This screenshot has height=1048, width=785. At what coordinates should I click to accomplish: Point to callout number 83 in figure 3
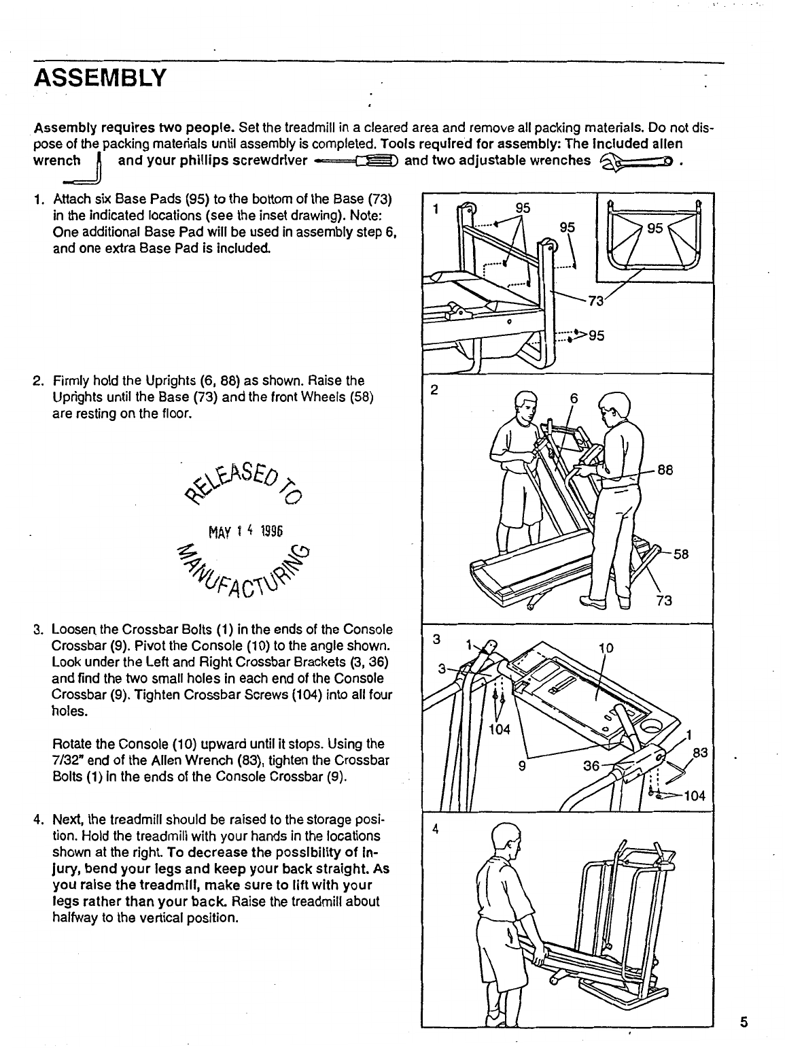(x=700, y=753)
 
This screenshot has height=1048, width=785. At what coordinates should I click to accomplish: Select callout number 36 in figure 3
(x=592, y=766)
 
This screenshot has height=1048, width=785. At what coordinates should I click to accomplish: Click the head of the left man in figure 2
(x=525, y=405)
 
